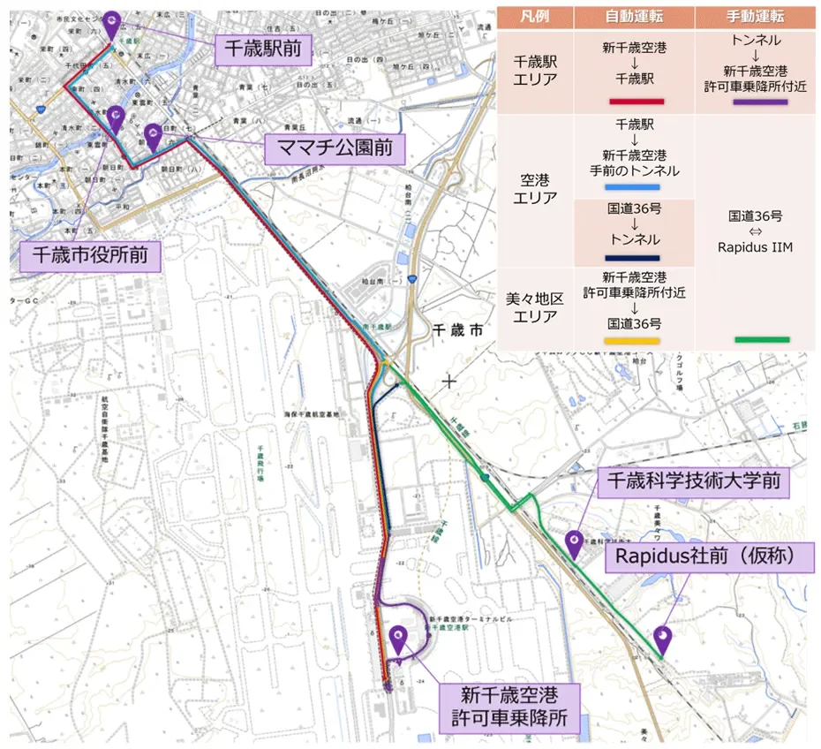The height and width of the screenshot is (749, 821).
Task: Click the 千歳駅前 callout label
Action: click(262, 49)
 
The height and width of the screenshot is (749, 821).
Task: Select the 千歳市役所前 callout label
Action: click(91, 256)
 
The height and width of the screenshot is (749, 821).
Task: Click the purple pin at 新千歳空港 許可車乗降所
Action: click(397, 638)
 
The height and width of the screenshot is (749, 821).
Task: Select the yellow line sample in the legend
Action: click(632, 341)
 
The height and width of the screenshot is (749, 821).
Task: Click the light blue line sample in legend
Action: click(632, 187)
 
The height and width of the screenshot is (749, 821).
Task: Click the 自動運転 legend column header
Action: click(634, 17)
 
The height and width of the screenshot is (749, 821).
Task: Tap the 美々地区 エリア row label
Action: click(536, 307)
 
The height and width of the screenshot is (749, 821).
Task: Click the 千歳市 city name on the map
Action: click(458, 330)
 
